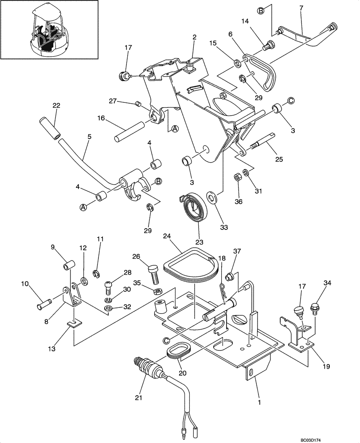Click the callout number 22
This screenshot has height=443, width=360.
tap(56, 105)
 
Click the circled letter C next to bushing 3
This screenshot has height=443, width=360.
tap(291, 101)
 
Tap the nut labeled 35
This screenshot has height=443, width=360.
tap(157, 292)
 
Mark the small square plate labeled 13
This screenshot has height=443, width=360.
tap(74, 323)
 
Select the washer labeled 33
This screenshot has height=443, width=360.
tap(211, 196)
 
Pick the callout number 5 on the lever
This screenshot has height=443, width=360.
tap(89, 137)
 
